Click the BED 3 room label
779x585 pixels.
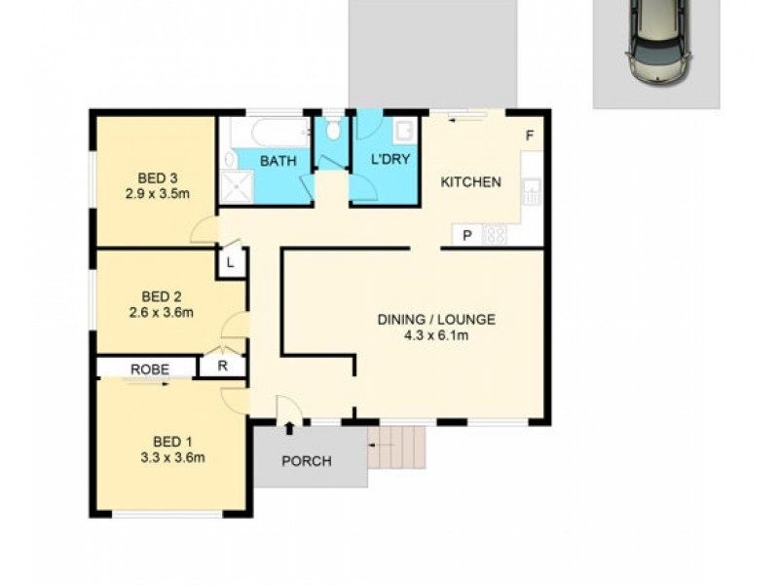(157, 177)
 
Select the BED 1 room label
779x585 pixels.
(171, 440)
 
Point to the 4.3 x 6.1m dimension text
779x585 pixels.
(437, 336)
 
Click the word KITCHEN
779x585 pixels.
(471, 182)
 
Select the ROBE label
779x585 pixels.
(150, 370)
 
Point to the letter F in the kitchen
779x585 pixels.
(530, 136)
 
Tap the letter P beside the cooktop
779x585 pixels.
(466, 235)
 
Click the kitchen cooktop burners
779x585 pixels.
(494, 235)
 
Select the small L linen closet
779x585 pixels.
(232, 263)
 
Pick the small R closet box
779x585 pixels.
(222, 367)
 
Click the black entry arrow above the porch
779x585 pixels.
(289, 427)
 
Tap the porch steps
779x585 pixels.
(398, 448)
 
